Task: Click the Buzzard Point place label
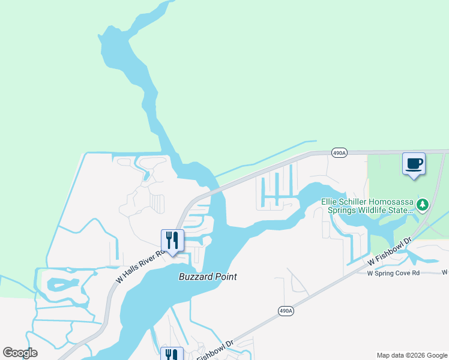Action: coord(208,277)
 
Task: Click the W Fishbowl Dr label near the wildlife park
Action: coord(391,252)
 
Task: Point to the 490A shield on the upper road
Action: coord(339,153)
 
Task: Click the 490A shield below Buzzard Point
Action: coord(286,310)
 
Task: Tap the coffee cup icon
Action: coord(414,163)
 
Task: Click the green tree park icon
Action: coord(423,206)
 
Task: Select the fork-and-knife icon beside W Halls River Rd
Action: coord(172,240)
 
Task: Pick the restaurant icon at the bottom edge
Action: coord(172,355)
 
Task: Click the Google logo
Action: coord(20,353)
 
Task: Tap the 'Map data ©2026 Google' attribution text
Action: coord(412,355)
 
